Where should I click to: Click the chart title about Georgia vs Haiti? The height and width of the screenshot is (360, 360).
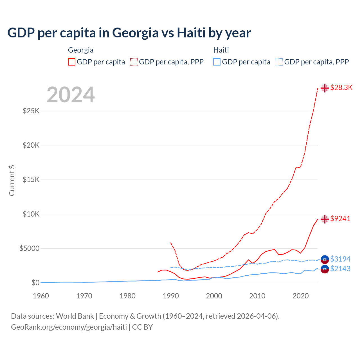coord(129,33)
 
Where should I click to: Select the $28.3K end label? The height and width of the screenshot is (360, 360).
coord(341,87)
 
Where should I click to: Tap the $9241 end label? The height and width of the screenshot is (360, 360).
coord(340,219)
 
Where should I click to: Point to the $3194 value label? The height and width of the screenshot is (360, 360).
coord(340,259)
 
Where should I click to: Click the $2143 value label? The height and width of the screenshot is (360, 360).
coord(340,269)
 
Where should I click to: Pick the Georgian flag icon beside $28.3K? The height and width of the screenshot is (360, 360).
coord(325,88)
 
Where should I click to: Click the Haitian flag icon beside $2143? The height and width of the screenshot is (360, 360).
coord(325,269)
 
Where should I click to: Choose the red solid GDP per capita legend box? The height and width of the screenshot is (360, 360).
coord(72,62)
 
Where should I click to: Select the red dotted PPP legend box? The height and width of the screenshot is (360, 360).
coord(134,62)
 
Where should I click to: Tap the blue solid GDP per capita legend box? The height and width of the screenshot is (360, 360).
coord(217,62)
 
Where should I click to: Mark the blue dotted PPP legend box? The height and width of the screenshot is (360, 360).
coord(279,62)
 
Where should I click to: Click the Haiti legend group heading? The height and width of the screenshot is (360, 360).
coord(221,50)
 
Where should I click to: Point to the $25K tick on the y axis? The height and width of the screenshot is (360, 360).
coord(31,111)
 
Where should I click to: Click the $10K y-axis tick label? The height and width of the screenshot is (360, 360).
coord(31,214)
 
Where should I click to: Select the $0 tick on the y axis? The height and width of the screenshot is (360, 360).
coord(35,283)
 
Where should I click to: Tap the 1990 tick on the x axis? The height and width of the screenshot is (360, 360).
coord(171,296)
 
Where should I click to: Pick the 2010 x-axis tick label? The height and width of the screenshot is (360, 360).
coord(257,296)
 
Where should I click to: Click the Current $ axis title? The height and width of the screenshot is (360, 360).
coord(12,180)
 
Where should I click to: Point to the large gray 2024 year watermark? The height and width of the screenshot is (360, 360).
coord(71,95)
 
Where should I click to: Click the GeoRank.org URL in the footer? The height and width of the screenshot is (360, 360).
coord(69,327)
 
